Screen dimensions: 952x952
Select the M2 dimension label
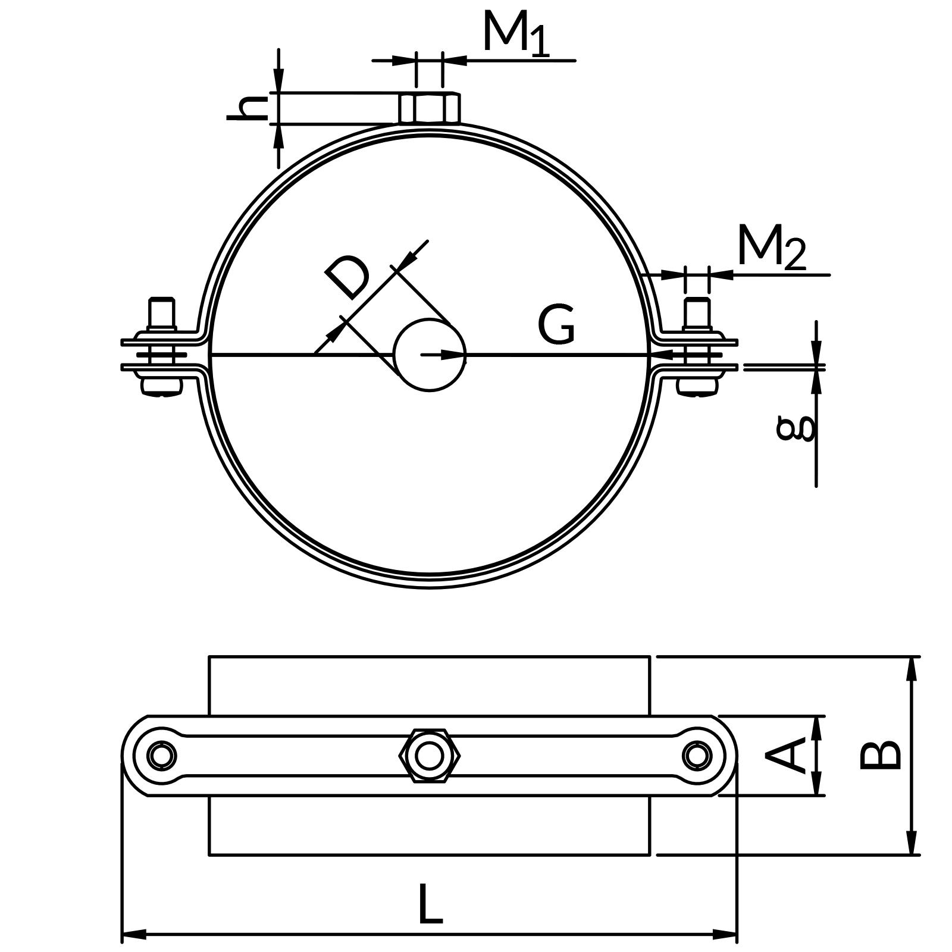[771, 247]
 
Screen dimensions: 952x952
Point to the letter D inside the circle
[348, 277]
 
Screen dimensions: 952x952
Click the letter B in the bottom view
[881, 756]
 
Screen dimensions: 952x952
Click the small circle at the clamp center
[430, 355]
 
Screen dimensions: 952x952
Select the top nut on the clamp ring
[429, 108]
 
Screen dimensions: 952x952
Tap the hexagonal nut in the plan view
[429, 756]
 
